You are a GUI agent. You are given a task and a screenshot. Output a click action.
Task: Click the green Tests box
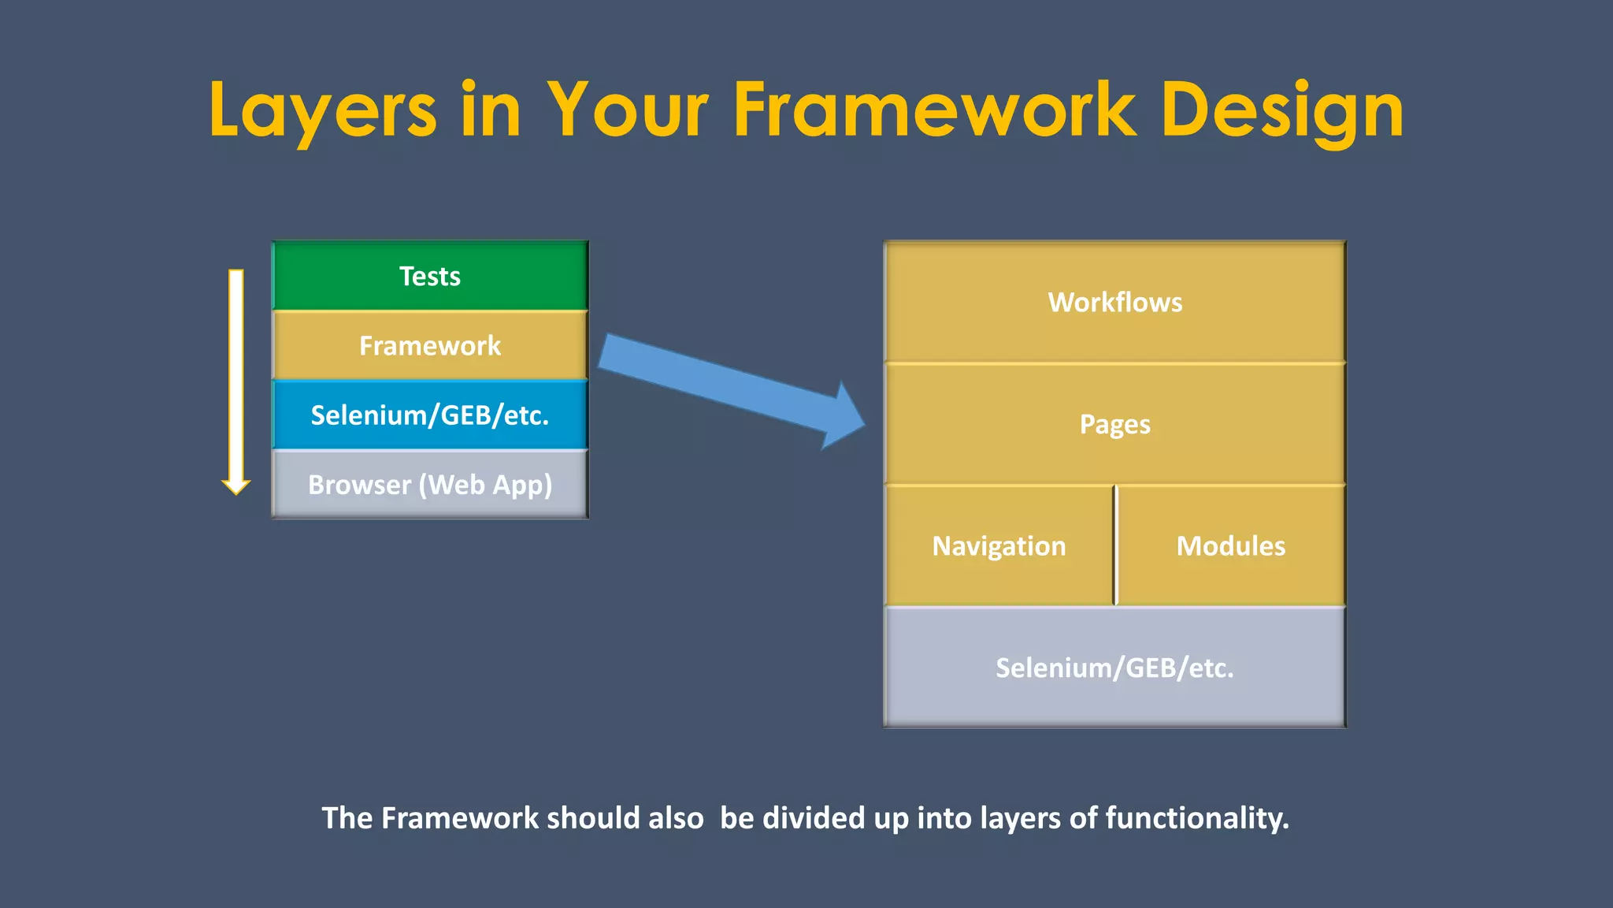tap(430, 276)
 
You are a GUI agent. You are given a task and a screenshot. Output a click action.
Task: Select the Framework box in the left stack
tap(430, 345)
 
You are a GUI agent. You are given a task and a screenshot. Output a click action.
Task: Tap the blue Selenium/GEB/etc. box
tap(430, 415)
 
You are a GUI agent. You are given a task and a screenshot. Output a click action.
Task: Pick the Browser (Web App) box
tap(430, 484)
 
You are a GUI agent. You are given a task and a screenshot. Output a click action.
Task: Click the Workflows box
tap(1114, 302)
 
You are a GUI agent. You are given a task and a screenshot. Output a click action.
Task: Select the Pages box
tap(1114, 424)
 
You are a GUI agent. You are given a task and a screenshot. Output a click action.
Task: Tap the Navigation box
tap(999, 545)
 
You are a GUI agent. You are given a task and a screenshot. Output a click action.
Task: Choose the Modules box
tap(1231, 545)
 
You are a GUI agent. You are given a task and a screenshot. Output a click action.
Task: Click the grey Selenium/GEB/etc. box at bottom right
tap(1114, 668)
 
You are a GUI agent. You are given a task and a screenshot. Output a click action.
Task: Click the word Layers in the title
tap(322, 110)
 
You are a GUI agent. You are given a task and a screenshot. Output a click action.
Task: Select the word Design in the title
tap(1281, 110)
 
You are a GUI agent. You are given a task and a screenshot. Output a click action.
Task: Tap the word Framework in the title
tap(934, 110)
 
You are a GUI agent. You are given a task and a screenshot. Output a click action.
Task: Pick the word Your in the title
tap(628, 110)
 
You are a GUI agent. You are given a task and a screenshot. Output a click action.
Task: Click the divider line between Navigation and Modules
tap(1115, 545)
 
